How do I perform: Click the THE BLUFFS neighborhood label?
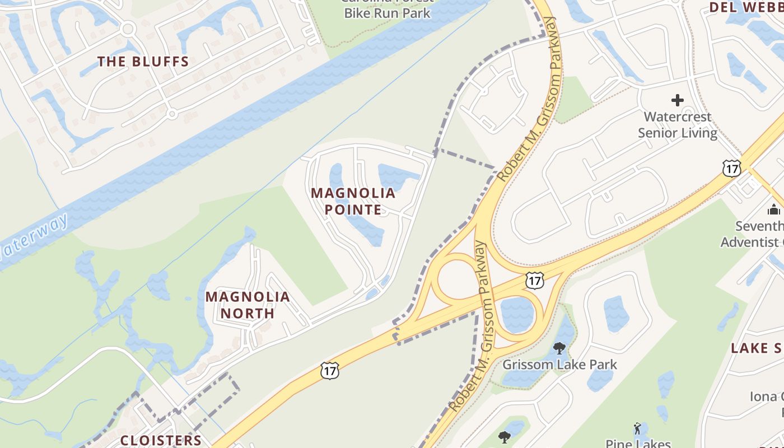[x=143, y=62]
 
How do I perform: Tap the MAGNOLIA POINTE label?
[x=353, y=202]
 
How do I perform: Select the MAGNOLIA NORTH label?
[x=248, y=305]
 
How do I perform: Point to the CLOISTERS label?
[x=161, y=440]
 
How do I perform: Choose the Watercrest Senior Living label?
[x=678, y=125]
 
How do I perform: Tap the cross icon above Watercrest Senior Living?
[x=678, y=101]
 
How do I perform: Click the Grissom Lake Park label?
[x=559, y=365]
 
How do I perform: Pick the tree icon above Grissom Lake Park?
[x=559, y=348]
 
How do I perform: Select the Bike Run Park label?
[x=388, y=12]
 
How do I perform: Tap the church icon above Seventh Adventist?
[x=774, y=210]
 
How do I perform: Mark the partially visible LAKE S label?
[x=757, y=348]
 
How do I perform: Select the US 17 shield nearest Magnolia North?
[x=330, y=369]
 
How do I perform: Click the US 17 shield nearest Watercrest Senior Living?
[x=731, y=168]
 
